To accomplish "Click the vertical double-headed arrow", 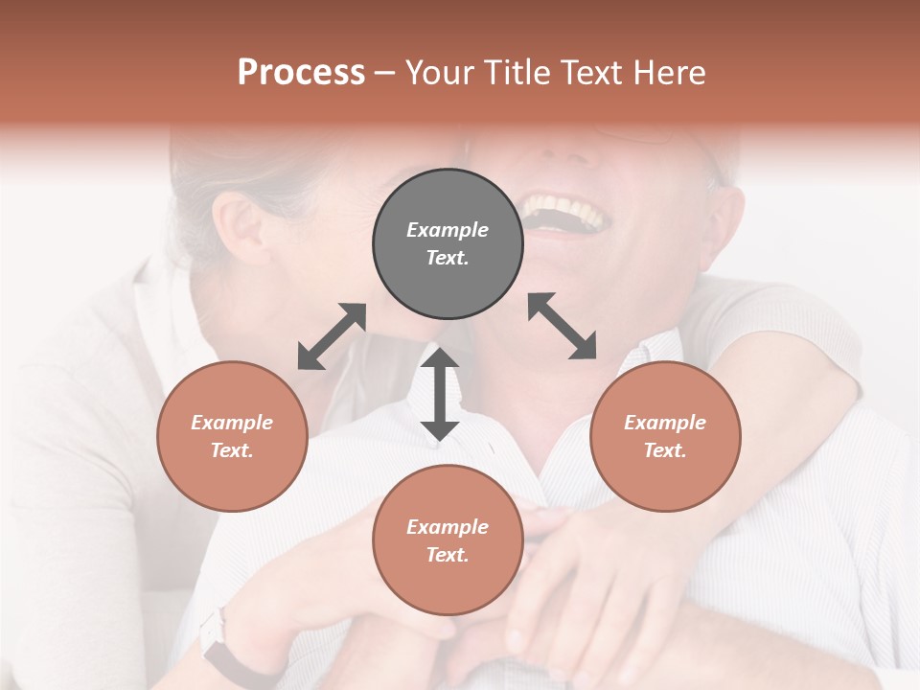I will (440, 395).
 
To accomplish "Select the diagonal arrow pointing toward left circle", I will (332, 336).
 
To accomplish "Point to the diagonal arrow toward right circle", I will (563, 326).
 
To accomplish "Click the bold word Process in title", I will (301, 73).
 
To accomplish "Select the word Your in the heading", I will (441, 73).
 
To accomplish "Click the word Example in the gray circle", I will (448, 230).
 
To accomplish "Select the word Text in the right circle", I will (663, 450).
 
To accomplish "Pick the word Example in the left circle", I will (232, 423).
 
